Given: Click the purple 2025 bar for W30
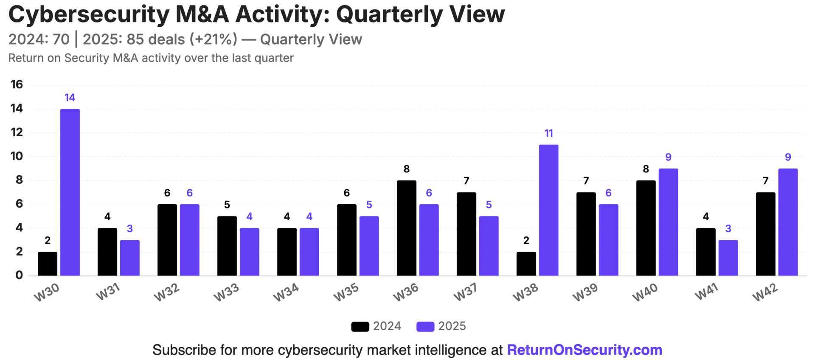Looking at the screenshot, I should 70,192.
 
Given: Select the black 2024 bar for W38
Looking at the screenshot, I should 526,264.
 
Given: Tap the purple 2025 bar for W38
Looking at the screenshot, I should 549,210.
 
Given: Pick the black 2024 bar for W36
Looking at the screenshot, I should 407,228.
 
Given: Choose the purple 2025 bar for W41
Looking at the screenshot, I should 728,258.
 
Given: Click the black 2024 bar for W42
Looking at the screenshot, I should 766,234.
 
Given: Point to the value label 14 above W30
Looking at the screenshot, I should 70,98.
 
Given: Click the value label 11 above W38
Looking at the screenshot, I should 549,133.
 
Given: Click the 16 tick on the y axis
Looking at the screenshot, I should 17,84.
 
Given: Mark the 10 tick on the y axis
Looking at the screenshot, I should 17,156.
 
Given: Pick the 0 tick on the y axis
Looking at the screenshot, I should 19,275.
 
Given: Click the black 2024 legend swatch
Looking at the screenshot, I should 360,326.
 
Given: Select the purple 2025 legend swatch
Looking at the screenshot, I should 425,326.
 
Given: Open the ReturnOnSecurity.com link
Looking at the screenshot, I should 585,350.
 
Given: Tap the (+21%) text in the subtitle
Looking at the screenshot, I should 213,39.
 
